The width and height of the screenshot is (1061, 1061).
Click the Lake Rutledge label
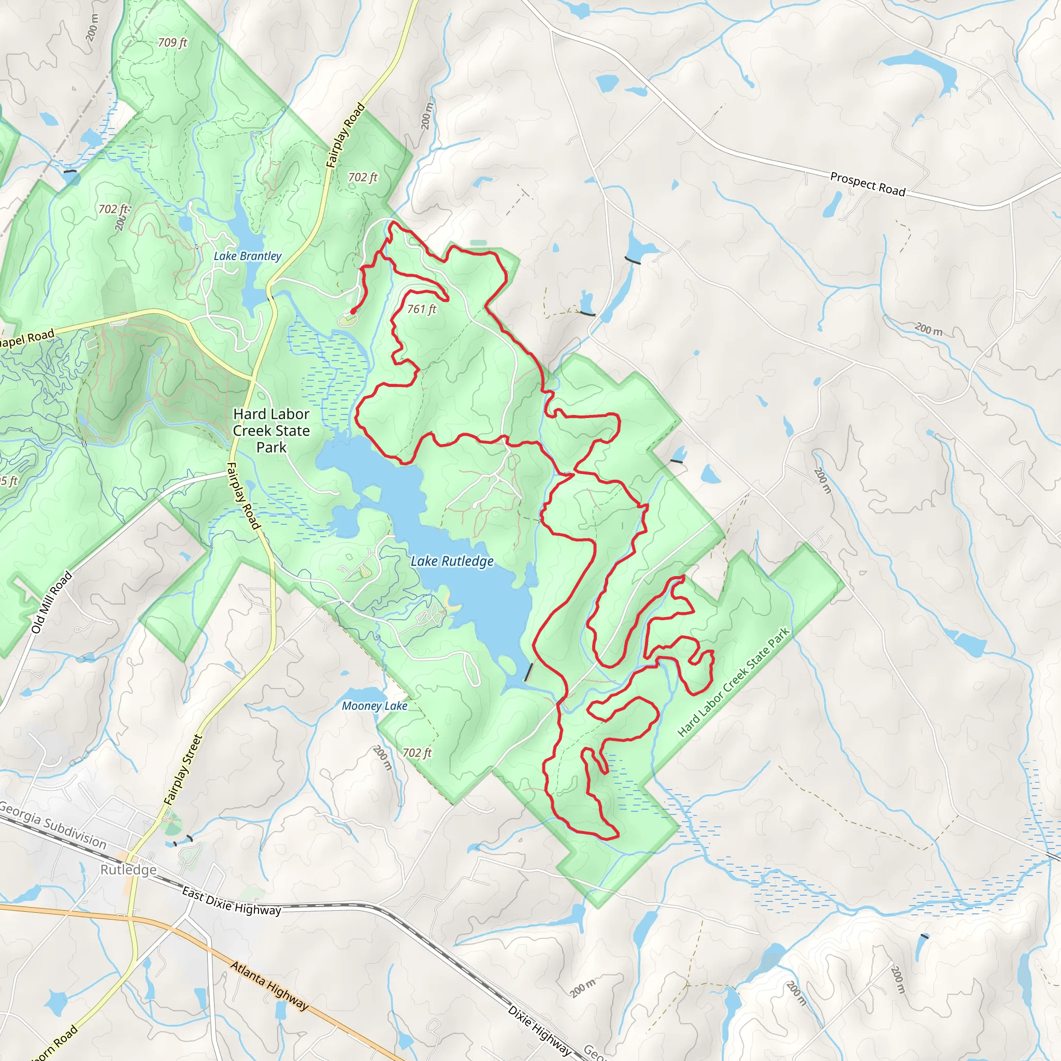pyautogui.click(x=452, y=561)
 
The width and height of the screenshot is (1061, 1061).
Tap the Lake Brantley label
pyautogui.click(x=247, y=256)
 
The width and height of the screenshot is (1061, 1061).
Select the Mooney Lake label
pyautogui.click(x=375, y=706)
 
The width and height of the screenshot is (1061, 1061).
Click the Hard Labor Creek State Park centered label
pyautogui.click(x=271, y=431)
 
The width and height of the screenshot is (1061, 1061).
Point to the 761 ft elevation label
pyautogui.click(x=421, y=309)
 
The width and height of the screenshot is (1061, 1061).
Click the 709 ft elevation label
pyautogui.click(x=173, y=42)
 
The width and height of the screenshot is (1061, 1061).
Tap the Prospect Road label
pyautogui.click(x=867, y=184)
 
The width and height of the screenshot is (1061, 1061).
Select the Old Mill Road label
pyautogui.click(x=51, y=603)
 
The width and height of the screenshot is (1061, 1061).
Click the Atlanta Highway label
pyautogui.click(x=269, y=986)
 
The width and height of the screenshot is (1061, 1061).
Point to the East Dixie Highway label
pyautogui.click(x=231, y=902)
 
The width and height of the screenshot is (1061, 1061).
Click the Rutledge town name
pyautogui.click(x=128, y=870)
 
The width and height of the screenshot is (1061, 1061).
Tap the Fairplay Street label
pyautogui.click(x=183, y=770)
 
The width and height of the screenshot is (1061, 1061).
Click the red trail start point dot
pyautogui.click(x=353, y=311)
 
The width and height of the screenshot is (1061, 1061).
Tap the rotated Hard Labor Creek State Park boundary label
pyautogui.click(x=733, y=682)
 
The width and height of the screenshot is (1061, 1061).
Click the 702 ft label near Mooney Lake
pyautogui.click(x=417, y=753)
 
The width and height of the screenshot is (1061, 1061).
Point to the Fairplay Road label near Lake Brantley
pyautogui.click(x=345, y=135)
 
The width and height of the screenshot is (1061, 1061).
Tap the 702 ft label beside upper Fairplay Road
pyautogui.click(x=363, y=177)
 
